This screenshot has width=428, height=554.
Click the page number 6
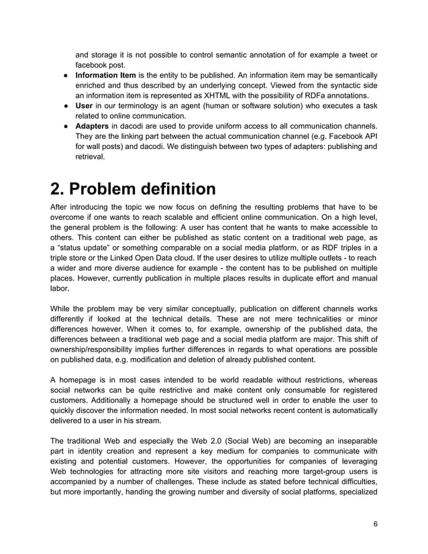tap(375, 523)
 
